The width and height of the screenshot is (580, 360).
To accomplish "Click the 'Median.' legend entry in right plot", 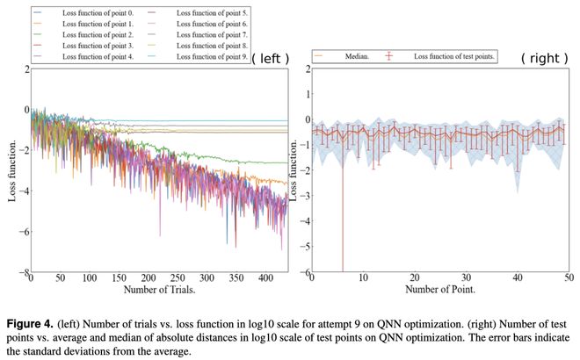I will (350, 56).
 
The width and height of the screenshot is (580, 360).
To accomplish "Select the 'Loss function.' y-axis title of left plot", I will (13, 171).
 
